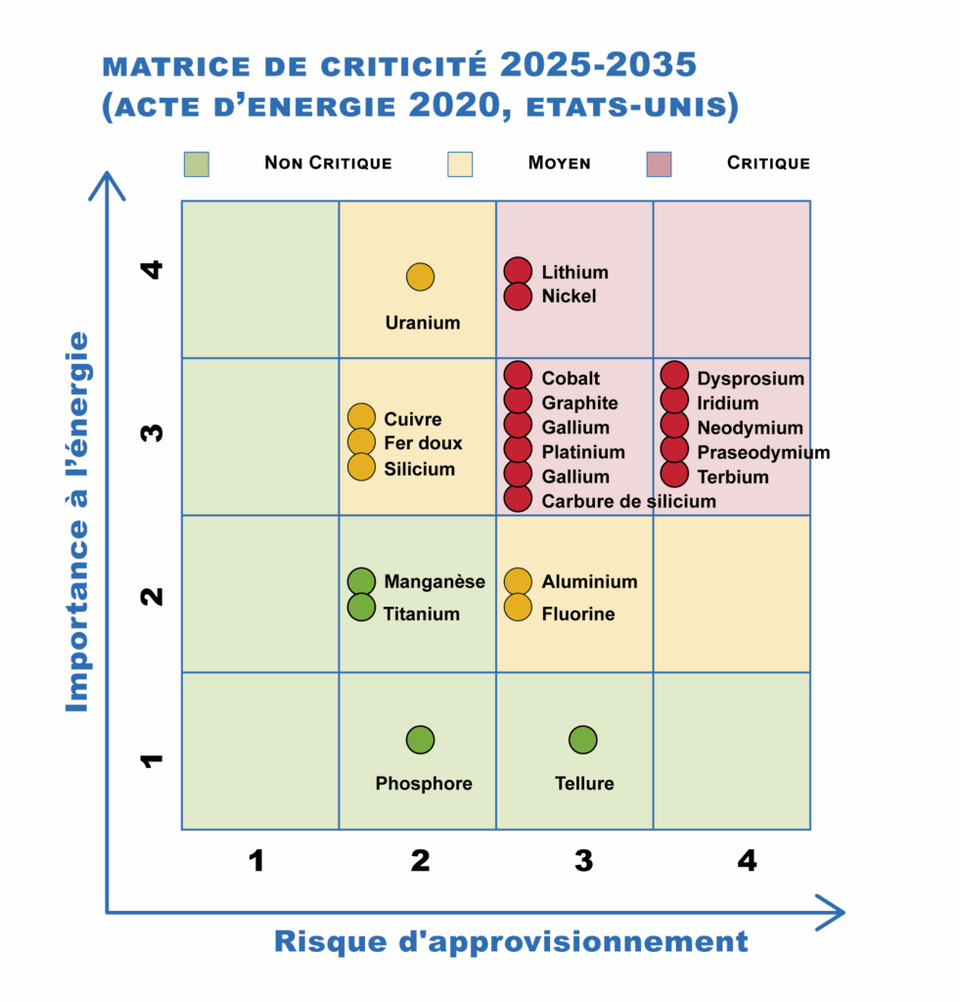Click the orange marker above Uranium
point(420,277)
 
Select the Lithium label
point(574,272)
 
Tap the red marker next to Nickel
point(518,296)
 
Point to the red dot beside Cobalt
point(518,376)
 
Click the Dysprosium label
point(750,379)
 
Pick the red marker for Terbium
point(674,475)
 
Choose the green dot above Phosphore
point(420,740)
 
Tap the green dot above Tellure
point(583,740)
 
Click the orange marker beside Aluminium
point(518,581)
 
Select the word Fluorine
point(578,614)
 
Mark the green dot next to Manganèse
point(362,581)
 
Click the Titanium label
point(421,614)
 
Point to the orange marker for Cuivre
point(362,418)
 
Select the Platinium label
point(583,452)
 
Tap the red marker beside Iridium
point(674,401)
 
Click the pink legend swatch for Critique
point(660,164)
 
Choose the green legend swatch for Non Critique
point(197,164)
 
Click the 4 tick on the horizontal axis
point(747,861)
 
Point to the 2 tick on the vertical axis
point(152,596)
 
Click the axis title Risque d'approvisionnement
point(511,942)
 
